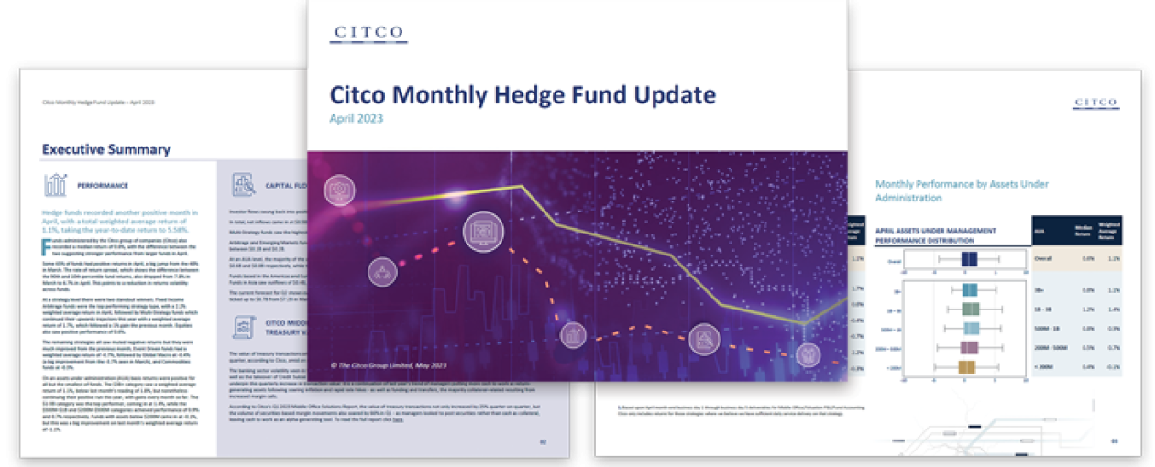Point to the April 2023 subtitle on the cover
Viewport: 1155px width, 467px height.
357,118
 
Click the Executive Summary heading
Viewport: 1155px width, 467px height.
106,149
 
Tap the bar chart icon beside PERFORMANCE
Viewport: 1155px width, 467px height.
56,185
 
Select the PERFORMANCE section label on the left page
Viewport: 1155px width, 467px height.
103,186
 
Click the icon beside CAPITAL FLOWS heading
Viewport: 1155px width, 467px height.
243,185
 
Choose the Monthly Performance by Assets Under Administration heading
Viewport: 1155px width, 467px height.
949,190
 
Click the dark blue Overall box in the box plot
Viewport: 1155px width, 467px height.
969,259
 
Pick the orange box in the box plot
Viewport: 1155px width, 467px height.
965,367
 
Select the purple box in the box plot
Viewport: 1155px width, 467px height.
968,348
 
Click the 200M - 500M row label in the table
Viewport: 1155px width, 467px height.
1053,348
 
